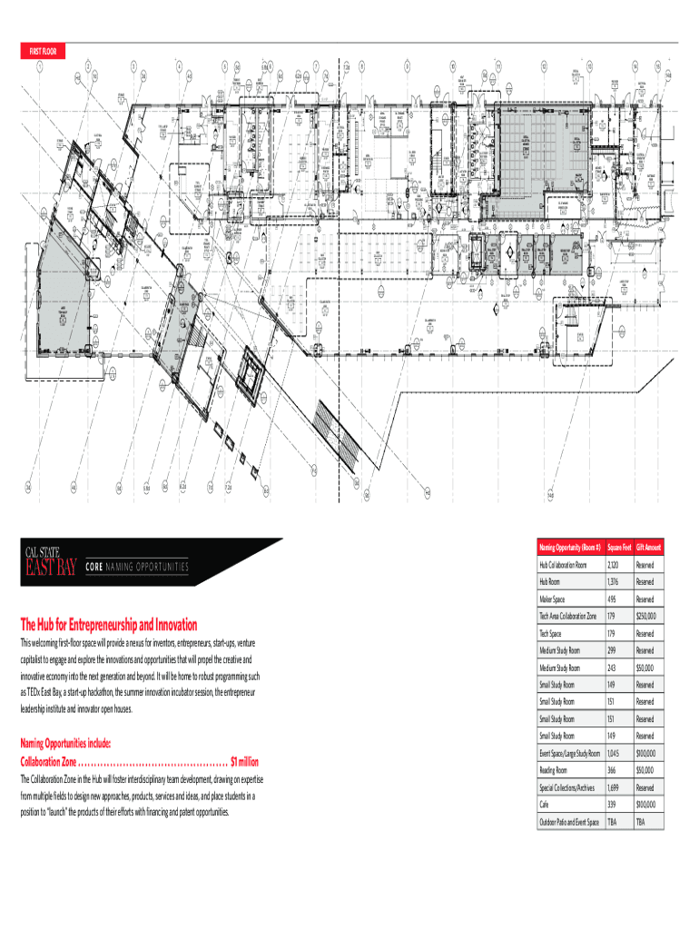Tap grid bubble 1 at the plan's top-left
[x=39, y=65]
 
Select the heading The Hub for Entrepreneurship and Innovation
[x=109, y=625]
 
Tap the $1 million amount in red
[x=245, y=761]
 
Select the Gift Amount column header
[x=650, y=548]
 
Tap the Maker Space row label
[x=553, y=599]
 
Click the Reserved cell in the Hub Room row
[x=645, y=582]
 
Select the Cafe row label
[x=546, y=805]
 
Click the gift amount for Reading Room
[x=645, y=770]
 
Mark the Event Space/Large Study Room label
[x=570, y=754]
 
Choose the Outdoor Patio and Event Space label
[x=569, y=822]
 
